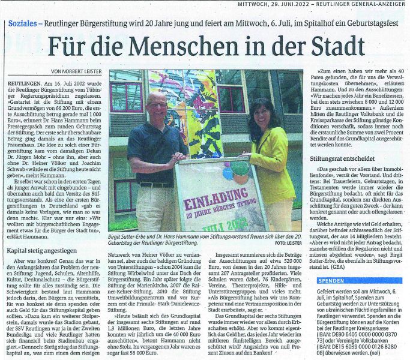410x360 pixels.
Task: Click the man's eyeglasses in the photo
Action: click(x=158, y=104)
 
